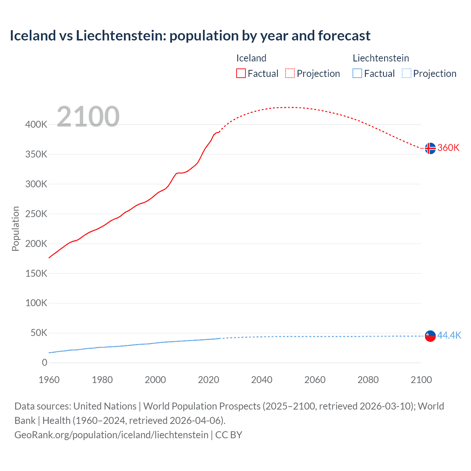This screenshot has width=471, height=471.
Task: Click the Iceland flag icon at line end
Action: tap(430, 148)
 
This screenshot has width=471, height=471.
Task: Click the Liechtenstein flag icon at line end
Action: tap(430, 336)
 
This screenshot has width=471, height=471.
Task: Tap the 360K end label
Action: tap(448, 148)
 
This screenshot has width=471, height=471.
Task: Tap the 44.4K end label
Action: tap(449, 335)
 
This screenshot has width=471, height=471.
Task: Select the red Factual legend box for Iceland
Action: tap(241, 73)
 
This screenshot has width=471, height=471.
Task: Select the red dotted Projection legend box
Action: tap(290, 73)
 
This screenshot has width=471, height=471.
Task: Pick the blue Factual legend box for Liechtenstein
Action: tap(357, 73)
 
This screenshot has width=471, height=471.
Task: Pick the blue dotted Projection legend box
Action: tap(406, 73)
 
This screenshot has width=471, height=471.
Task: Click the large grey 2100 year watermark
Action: tap(88, 117)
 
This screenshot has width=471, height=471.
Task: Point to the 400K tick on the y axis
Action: tap(36, 124)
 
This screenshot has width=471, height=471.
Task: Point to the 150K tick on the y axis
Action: tap(36, 273)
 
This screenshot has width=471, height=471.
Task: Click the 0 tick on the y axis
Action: tap(45, 363)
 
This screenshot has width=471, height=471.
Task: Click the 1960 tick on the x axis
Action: tap(49, 380)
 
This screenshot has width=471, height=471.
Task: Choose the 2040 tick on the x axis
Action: tap(262, 380)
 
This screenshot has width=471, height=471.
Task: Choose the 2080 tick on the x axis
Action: tap(368, 380)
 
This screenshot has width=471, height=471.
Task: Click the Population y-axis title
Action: tap(15, 229)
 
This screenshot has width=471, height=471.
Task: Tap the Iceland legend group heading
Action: tap(251, 58)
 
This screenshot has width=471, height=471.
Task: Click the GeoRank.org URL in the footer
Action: tap(111, 435)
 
